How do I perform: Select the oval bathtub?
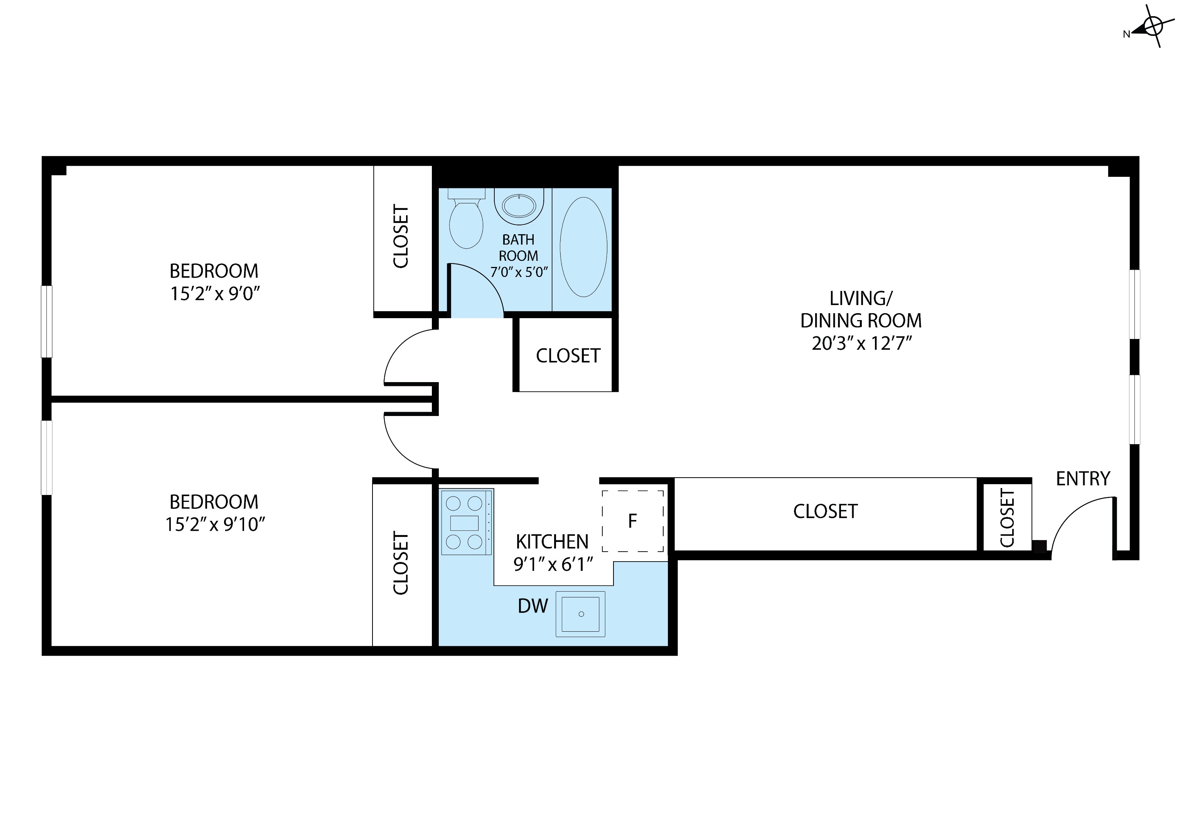coord(584,247)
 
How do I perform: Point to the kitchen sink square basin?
coord(581,614)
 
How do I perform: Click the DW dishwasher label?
coord(533,606)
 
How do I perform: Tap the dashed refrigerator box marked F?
coord(633,521)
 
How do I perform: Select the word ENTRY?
coord(1083,479)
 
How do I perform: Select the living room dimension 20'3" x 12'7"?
coord(861,343)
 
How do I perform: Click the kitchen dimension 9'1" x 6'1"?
coord(553,564)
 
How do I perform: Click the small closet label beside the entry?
coord(1007,518)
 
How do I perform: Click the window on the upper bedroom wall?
coord(47,321)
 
